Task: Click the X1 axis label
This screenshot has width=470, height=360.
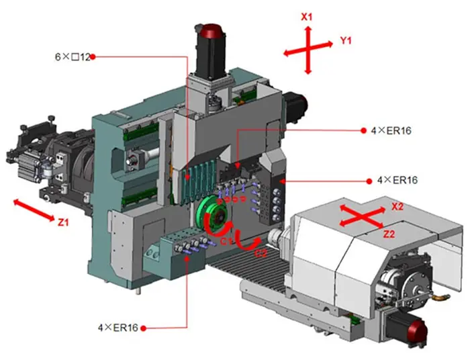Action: point(307,16)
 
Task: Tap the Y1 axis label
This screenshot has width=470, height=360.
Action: point(346,42)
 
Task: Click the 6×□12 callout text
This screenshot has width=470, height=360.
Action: point(73,56)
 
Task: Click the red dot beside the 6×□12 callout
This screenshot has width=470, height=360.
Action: point(93,56)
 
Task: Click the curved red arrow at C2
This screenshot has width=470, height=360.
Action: point(247,243)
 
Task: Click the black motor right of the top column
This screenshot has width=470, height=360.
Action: point(297,105)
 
